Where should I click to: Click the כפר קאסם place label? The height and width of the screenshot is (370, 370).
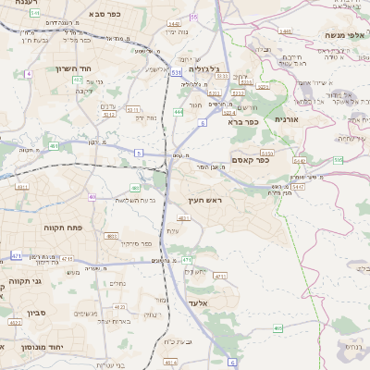click(249, 159)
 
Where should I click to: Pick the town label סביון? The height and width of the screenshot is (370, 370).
click(29, 314)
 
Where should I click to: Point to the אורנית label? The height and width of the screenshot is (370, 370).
click(288, 119)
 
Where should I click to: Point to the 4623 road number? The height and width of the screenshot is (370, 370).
click(118, 306)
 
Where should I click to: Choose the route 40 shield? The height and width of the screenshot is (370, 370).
click(92, 196)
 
